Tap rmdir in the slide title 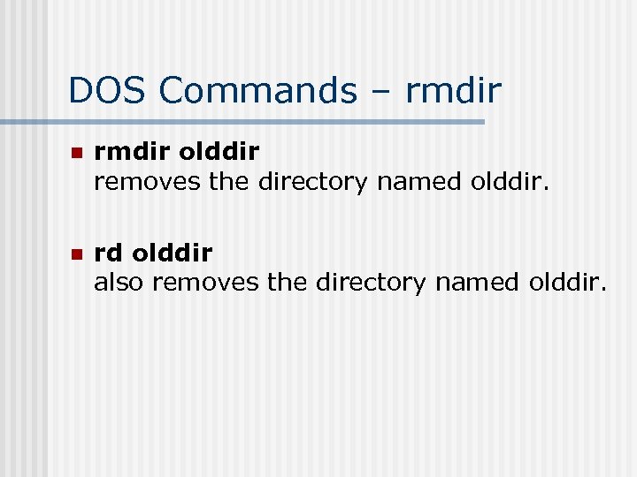pyautogui.click(x=454, y=90)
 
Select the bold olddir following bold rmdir pyautogui.click(x=219, y=152)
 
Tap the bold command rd pyautogui.click(x=110, y=254)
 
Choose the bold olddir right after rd pyautogui.click(x=172, y=254)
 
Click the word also pyautogui.click(x=120, y=283)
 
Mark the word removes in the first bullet pyautogui.click(x=149, y=182)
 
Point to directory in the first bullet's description pyautogui.click(x=313, y=182)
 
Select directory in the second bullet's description pyautogui.click(x=372, y=283)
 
